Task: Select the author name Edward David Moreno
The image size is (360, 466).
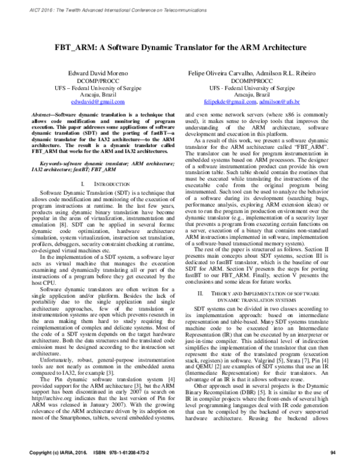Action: [x=100, y=73]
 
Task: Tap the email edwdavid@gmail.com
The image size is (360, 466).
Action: [x=100, y=101]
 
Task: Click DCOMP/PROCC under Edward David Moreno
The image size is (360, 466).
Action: [x=100, y=80]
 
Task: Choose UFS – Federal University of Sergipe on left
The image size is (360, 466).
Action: [x=100, y=87]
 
